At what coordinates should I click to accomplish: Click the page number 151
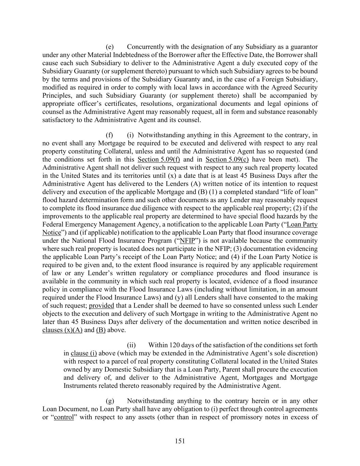[x=180, y=441]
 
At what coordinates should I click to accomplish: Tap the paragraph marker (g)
[x=110, y=401]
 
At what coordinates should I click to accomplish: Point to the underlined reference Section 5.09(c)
[x=227, y=159]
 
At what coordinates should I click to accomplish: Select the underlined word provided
[x=101, y=306]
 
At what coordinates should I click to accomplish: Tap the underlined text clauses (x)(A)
[x=62, y=330]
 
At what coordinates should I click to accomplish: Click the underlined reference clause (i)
[x=84, y=353]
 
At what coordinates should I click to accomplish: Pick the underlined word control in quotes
[x=64, y=417]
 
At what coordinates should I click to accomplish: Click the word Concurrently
[x=147, y=47]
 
